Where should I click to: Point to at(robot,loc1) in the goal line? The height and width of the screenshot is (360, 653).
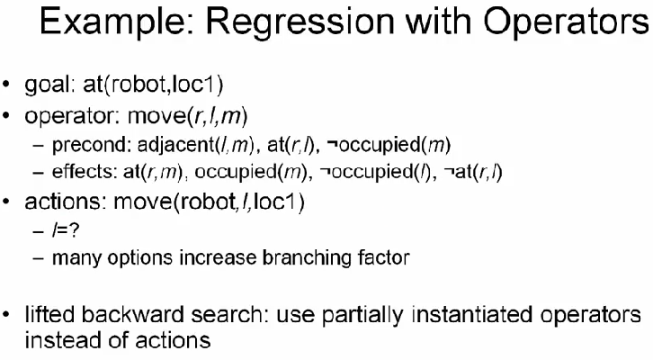tap(153, 85)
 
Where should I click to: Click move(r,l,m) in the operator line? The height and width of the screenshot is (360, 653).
tap(187, 115)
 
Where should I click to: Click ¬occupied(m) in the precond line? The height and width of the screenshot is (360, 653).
tap(389, 145)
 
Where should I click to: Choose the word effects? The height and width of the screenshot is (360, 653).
tap(85, 172)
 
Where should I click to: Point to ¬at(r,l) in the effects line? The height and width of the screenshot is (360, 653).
tap(473, 173)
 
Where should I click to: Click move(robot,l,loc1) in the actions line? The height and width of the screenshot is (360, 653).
tap(209, 202)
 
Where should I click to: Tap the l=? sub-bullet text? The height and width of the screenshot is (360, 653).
tap(66, 230)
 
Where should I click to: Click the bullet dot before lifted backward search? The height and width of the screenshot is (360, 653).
tap(5, 315)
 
